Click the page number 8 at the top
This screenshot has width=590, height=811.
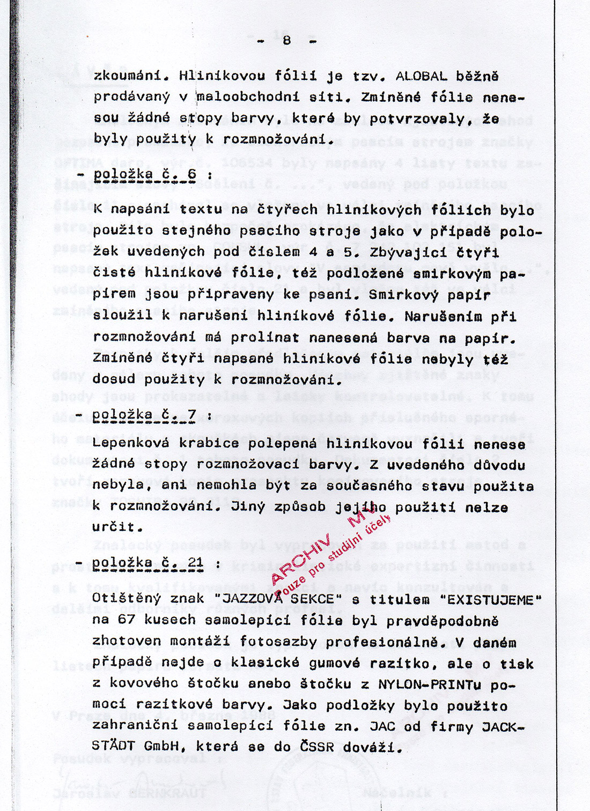click(286, 41)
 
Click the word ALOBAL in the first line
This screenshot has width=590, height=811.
click(421, 76)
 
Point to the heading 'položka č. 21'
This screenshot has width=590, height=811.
click(148, 563)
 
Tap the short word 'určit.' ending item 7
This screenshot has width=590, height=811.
click(117, 527)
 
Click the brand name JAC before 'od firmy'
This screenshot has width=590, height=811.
click(382, 727)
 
